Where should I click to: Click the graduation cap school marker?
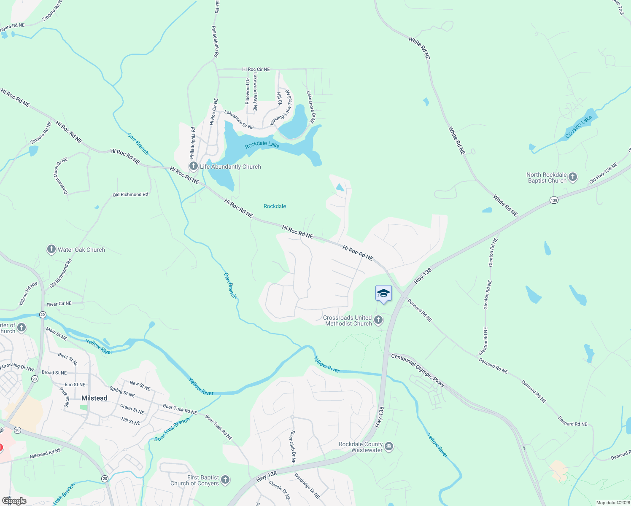click(383, 293)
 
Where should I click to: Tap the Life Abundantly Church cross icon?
click(194, 166)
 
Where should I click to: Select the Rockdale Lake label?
click(262, 145)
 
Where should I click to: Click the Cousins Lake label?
click(578, 127)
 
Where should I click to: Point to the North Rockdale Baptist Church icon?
click(573, 177)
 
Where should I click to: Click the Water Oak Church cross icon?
click(51, 249)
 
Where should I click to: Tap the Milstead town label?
click(94, 398)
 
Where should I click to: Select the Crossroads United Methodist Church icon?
click(378, 320)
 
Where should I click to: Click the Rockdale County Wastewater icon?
click(389, 447)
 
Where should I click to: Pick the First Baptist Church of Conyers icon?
click(225, 480)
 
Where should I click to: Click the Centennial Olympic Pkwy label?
click(418, 370)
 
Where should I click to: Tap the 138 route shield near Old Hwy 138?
click(554, 200)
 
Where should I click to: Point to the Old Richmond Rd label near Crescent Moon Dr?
click(130, 194)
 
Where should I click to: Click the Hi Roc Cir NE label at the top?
click(256, 69)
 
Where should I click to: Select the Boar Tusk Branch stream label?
click(172, 430)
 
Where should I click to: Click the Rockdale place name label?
click(275, 206)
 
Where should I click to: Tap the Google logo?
click(14, 501)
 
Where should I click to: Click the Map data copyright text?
click(612, 503)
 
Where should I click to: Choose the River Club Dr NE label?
click(292, 447)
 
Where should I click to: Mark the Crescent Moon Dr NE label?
click(61, 176)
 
